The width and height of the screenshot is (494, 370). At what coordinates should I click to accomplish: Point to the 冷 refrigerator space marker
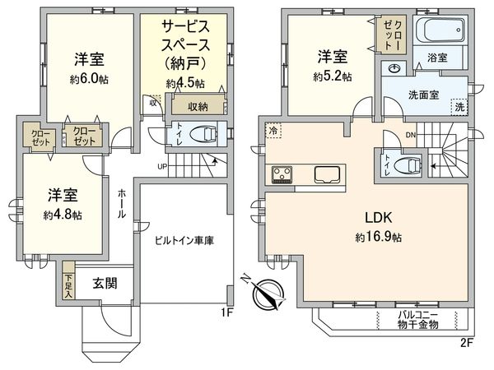273,131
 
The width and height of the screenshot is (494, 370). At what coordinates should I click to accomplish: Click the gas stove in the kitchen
282,174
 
